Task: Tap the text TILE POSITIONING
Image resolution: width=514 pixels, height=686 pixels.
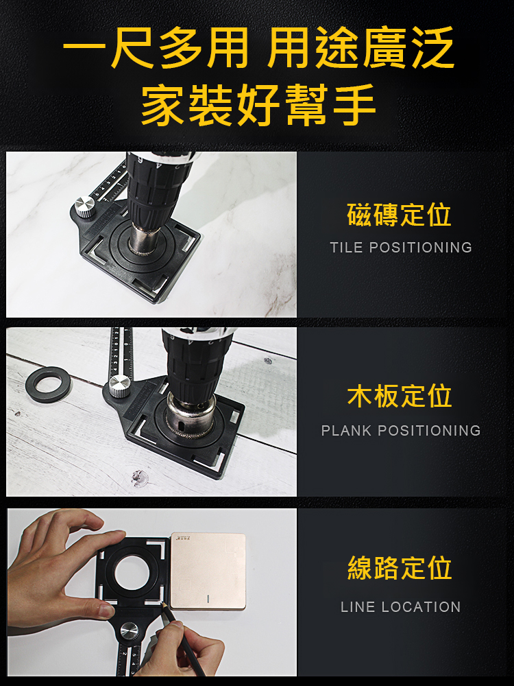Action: pyautogui.click(x=401, y=247)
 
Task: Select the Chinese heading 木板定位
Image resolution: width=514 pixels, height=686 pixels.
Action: pyautogui.click(x=399, y=396)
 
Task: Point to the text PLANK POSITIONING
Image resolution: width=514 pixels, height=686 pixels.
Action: pyautogui.click(x=401, y=431)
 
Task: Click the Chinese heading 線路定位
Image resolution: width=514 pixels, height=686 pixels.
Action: pyautogui.click(x=399, y=568)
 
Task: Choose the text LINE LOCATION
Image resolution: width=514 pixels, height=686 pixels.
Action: pyautogui.click(x=401, y=607)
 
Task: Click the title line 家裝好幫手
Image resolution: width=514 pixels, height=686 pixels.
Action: pyautogui.click(x=258, y=105)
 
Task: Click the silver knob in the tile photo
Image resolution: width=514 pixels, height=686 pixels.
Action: pyautogui.click(x=85, y=207)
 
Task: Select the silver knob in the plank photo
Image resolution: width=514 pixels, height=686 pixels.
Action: pyautogui.click(x=119, y=386)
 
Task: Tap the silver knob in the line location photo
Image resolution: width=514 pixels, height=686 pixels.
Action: pyautogui.click(x=130, y=631)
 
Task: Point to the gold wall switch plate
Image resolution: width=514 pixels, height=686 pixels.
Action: pyautogui.click(x=208, y=571)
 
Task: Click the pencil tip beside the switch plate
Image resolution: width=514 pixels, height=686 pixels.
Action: pyautogui.click(x=162, y=603)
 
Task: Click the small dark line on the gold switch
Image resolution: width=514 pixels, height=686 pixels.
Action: pyautogui.click(x=208, y=598)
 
